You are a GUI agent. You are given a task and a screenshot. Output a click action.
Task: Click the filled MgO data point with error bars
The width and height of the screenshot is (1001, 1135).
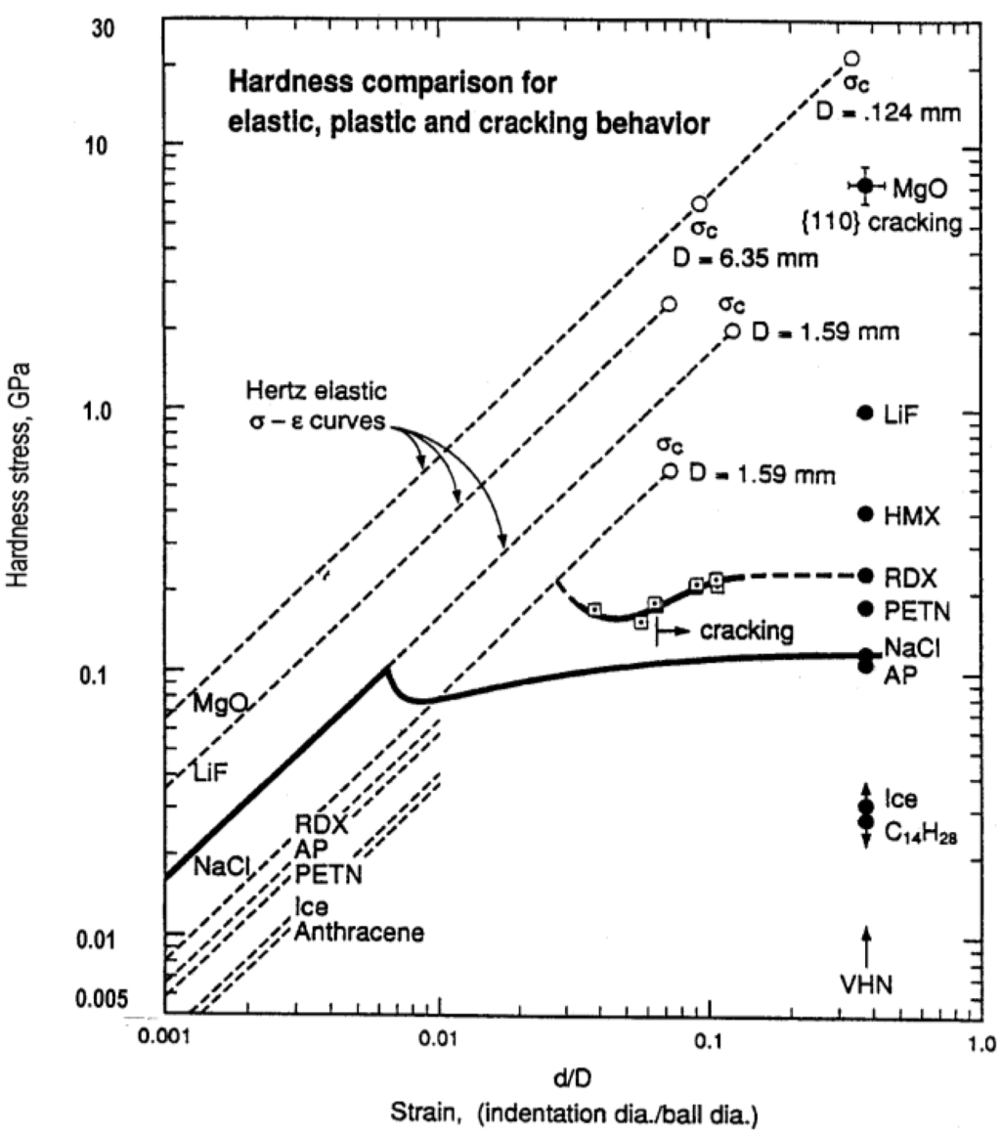click(x=865, y=186)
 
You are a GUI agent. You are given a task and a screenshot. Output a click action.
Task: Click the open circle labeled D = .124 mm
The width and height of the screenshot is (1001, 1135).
click(x=851, y=59)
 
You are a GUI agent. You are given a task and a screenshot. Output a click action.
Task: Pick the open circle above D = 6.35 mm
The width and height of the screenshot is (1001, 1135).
click(x=699, y=203)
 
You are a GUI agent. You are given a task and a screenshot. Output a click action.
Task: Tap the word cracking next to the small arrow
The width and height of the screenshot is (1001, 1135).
click(x=746, y=633)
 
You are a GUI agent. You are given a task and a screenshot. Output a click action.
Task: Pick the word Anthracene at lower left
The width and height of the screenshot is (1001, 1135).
click(x=359, y=932)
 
